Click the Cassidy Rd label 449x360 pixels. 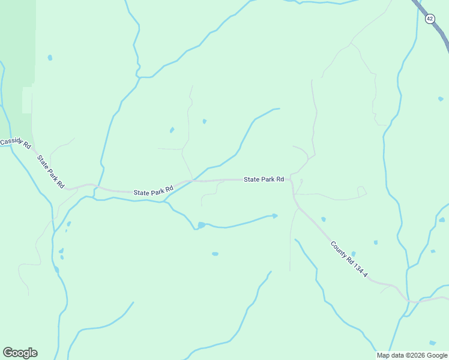(15, 143)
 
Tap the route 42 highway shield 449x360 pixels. (430, 19)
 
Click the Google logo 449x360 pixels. (20, 353)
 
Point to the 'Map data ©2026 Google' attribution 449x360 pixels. (411, 355)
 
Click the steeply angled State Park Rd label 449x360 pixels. (50, 172)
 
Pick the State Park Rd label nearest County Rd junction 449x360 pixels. (264, 179)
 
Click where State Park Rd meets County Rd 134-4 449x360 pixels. (292, 180)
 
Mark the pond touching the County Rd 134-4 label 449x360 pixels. (353, 254)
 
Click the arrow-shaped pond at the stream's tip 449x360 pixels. (275, 215)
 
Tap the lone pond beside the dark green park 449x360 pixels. (50, 58)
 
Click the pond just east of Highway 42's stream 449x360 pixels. (441, 99)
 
